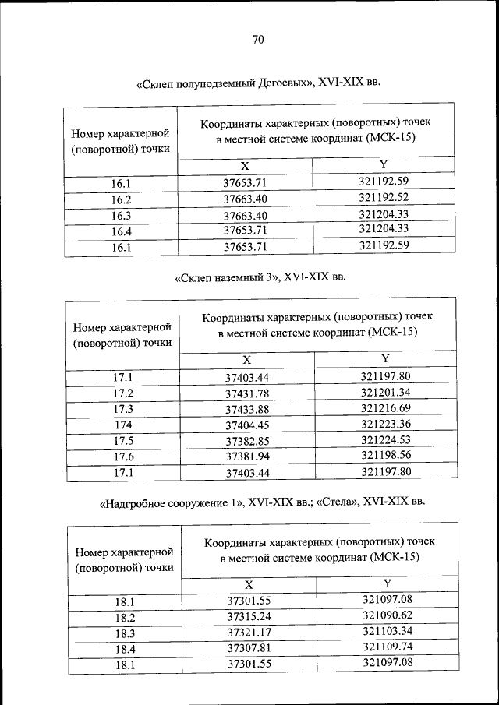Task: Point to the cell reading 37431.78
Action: pyautogui.click(x=246, y=393)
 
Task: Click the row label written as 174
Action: pyautogui.click(x=122, y=425)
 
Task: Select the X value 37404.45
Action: pyautogui.click(x=246, y=425)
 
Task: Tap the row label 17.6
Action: pyautogui.click(x=123, y=456)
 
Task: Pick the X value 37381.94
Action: pyautogui.click(x=246, y=456)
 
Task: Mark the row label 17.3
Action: pyautogui.click(x=123, y=409)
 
